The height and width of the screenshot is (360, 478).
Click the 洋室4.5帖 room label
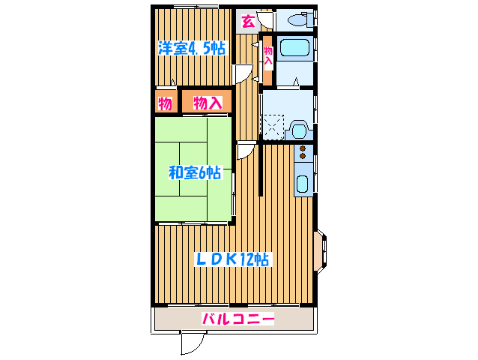192,49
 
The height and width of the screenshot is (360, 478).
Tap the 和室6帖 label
194,172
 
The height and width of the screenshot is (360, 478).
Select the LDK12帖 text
232,259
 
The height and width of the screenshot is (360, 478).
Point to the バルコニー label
238,319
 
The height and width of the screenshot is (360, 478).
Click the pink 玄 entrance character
248,21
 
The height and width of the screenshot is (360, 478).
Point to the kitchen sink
303,184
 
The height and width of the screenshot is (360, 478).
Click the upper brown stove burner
303,148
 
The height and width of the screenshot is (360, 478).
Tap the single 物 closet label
166,103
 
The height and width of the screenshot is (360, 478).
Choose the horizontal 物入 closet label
208,103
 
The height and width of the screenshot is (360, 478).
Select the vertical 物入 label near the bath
267,57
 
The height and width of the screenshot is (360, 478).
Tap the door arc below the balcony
193,343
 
